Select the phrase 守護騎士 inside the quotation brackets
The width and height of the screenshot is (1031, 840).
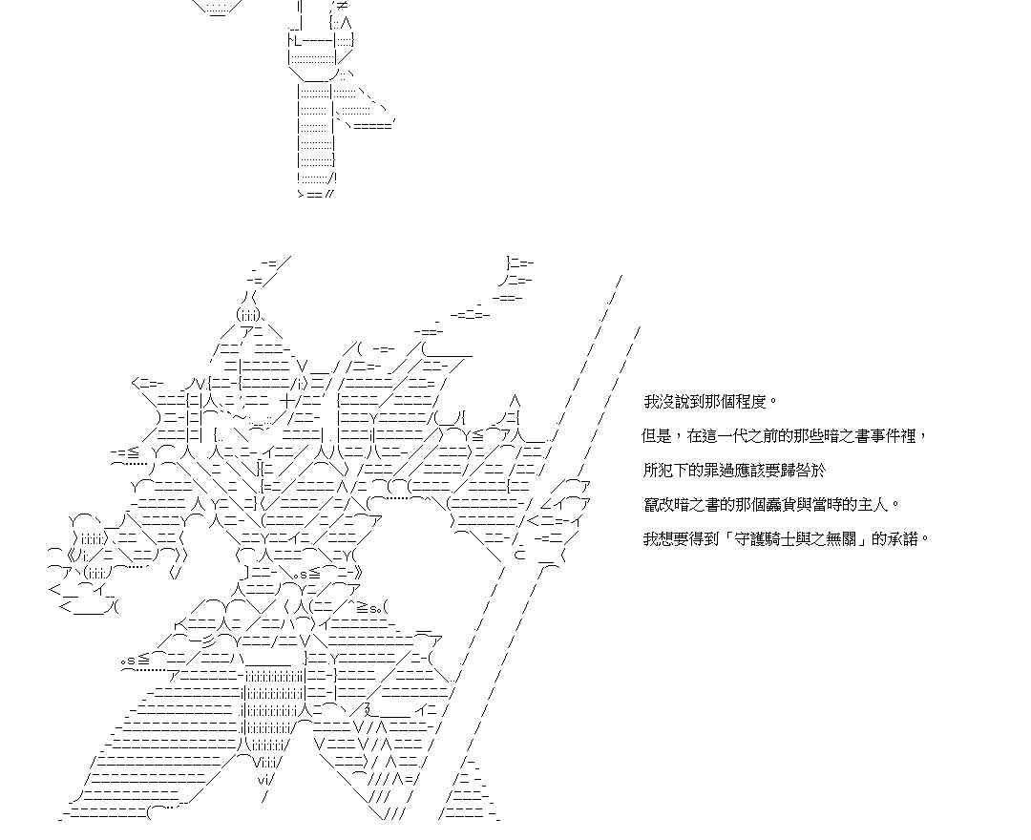click(x=754, y=539)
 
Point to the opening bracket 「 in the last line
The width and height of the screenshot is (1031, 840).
click(x=716, y=539)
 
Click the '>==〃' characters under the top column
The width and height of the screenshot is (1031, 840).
click(x=316, y=194)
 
